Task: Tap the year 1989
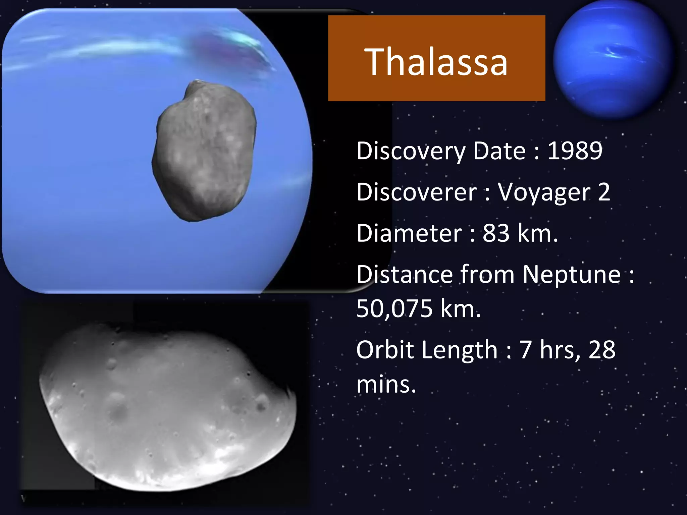[575, 151]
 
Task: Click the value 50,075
[394, 308]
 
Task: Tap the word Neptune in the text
[572, 275]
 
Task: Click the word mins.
[386, 384]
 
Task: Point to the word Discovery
[411, 151]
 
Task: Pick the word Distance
[404, 275]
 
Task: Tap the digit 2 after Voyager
[604, 192]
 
